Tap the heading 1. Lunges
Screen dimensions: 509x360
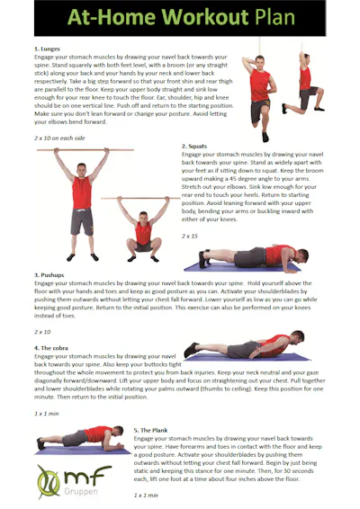point(47,49)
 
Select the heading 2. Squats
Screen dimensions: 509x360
point(196,146)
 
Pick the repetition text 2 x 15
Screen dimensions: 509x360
point(190,236)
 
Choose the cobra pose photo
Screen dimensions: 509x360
point(243,347)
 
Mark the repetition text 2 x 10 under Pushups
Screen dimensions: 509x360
point(43,332)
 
